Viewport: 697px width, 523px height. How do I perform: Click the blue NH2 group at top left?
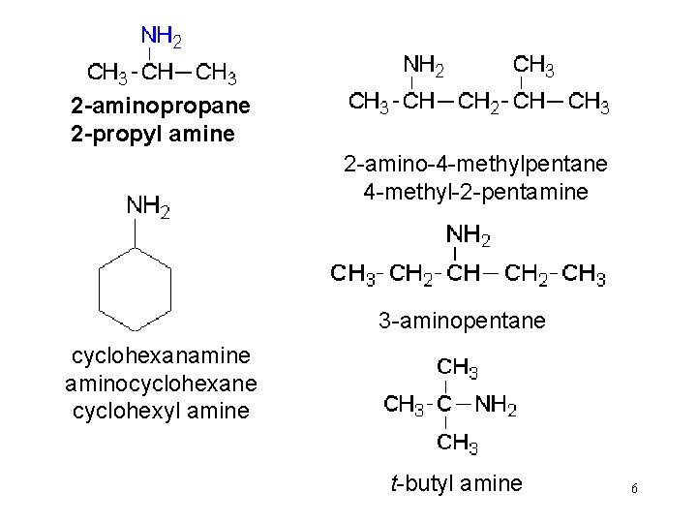162,38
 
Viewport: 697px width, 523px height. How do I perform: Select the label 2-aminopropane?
160,105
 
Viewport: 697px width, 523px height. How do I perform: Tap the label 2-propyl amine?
153,133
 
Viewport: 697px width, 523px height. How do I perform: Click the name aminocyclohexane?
161,385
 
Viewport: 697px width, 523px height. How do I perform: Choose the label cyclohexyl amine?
161,411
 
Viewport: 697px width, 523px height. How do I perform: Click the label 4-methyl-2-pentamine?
475,193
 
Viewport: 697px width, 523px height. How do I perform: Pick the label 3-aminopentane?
462,320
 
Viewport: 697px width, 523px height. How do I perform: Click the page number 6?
633,489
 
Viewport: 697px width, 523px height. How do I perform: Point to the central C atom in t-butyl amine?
444,405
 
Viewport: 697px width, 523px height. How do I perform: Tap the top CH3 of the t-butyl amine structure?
457,369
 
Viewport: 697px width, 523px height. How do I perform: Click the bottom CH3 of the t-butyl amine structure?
457,445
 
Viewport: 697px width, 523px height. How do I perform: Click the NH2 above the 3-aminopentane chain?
469,235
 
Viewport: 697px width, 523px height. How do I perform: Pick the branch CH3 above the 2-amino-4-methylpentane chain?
533,67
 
